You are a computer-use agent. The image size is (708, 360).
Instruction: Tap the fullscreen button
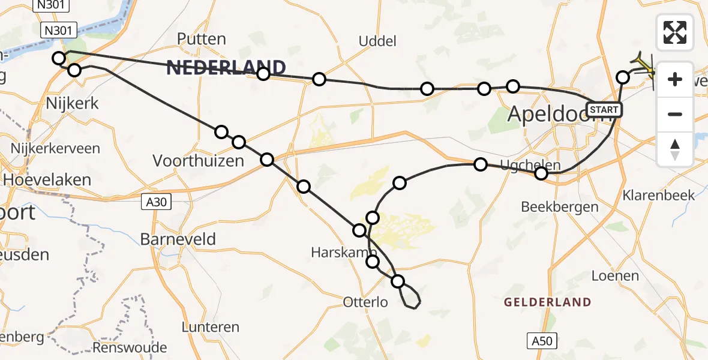(675, 32)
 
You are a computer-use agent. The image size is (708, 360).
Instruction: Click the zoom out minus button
(675, 114)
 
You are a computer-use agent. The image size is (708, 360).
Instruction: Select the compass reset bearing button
(675, 149)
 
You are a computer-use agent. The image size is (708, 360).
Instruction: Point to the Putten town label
(202, 40)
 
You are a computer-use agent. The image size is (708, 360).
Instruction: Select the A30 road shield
(157, 203)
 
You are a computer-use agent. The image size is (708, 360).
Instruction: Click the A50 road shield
(541, 341)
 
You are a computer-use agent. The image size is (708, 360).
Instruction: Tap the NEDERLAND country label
(226, 68)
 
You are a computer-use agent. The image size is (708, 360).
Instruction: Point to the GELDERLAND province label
(547, 302)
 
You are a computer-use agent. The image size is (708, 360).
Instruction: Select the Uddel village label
(377, 41)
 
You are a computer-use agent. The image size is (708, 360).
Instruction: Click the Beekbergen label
(560, 207)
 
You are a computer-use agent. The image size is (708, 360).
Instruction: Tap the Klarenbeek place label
(659, 195)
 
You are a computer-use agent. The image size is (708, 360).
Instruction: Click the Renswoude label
(130, 348)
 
